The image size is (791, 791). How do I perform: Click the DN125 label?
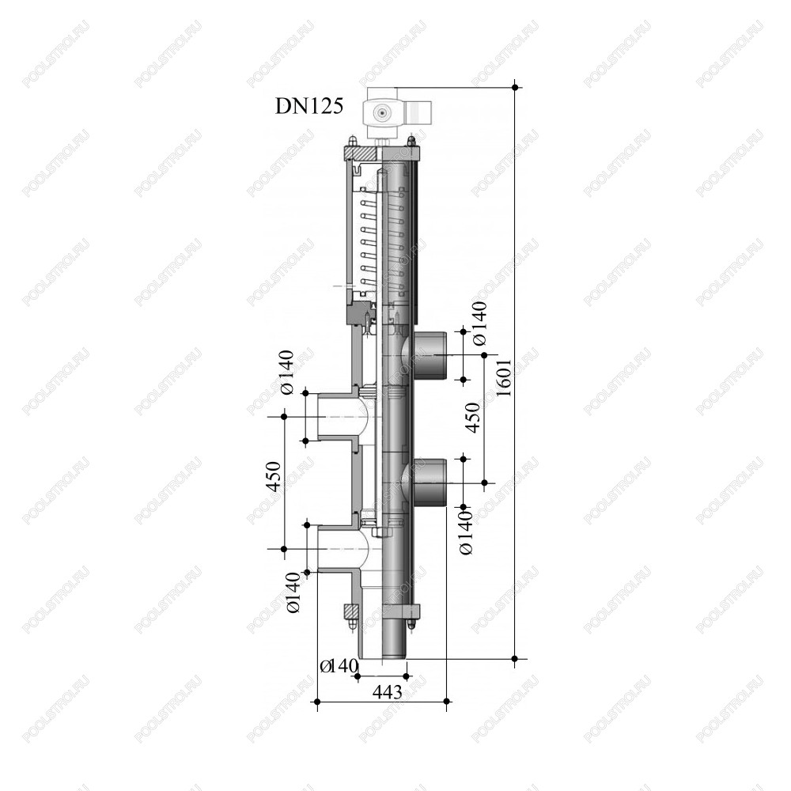pos(308,107)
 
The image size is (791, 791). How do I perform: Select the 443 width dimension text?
pos(388,691)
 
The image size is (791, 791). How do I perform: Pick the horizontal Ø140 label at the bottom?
pos(339,666)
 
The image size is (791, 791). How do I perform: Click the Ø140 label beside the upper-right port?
pos(480,324)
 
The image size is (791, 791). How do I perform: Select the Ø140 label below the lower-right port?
pos(467,532)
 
